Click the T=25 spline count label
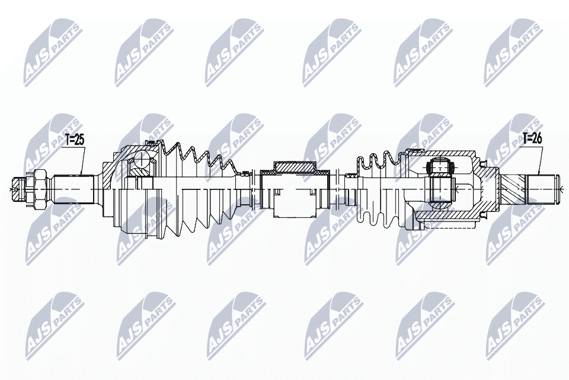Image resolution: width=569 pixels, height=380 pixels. [x=75, y=140]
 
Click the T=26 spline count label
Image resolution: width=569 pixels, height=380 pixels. [x=532, y=138]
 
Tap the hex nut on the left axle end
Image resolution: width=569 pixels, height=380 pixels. [x=40, y=189]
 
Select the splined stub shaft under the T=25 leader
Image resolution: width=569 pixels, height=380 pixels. [x=75, y=189]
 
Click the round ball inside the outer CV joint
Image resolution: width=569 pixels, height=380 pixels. [x=141, y=159]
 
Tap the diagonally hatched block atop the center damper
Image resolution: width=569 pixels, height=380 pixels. [x=295, y=166]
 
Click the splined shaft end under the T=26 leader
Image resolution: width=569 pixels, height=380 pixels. [x=541, y=189]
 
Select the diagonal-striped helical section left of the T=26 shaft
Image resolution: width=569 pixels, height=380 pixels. [x=512, y=189]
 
